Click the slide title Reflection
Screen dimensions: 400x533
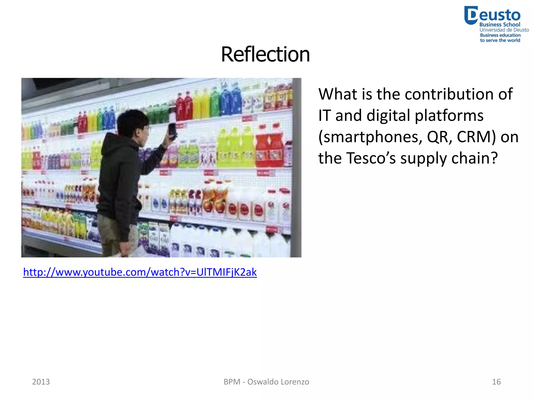point(265,54)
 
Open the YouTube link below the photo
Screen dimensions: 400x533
point(140,272)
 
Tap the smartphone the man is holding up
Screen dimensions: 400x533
point(172,129)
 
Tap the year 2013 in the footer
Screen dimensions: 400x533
point(41,382)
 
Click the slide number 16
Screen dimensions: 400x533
point(496,382)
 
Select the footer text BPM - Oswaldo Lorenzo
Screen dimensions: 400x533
point(266,382)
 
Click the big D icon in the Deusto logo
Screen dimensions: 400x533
point(471,15)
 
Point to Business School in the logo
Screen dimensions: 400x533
point(500,24)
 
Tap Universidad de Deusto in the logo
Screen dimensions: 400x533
point(504,30)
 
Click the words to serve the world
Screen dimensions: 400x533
point(500,40)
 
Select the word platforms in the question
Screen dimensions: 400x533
point(449,116)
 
